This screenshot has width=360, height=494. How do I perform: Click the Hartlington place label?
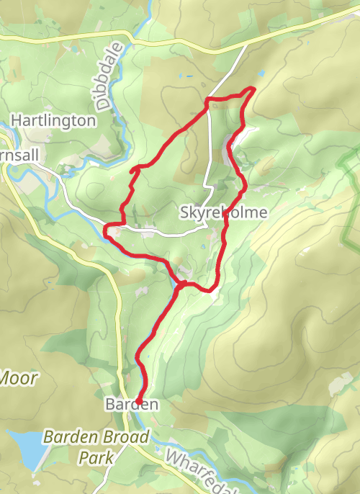click(53, 120)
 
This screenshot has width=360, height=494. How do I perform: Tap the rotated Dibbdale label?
click(106, 85)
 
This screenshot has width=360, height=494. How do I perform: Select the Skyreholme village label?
click(223, 212)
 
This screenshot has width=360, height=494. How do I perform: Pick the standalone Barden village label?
click(130, 405)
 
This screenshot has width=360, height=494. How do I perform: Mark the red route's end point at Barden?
click(137, 401)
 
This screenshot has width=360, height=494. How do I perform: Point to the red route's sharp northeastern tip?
click(253, 89)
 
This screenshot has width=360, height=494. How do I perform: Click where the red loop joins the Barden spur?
click(180, 282)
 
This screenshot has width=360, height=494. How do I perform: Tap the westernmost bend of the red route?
click(106, 230)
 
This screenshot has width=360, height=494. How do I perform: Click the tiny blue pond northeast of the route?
click(261, 73)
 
